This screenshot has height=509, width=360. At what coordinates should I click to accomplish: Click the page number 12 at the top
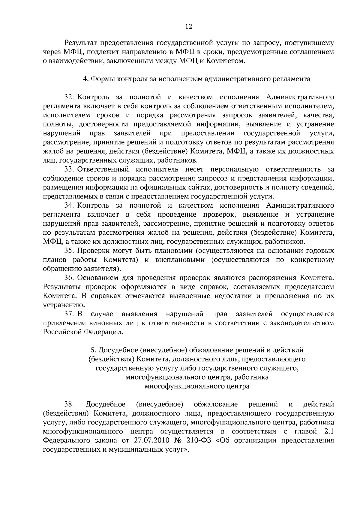point(188,27)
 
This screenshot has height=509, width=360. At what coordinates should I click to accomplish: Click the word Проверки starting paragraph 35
point(91,251)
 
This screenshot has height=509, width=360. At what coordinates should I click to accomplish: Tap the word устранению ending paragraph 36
point(63,305)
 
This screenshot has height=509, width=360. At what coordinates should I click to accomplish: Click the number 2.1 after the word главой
point(329,432)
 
